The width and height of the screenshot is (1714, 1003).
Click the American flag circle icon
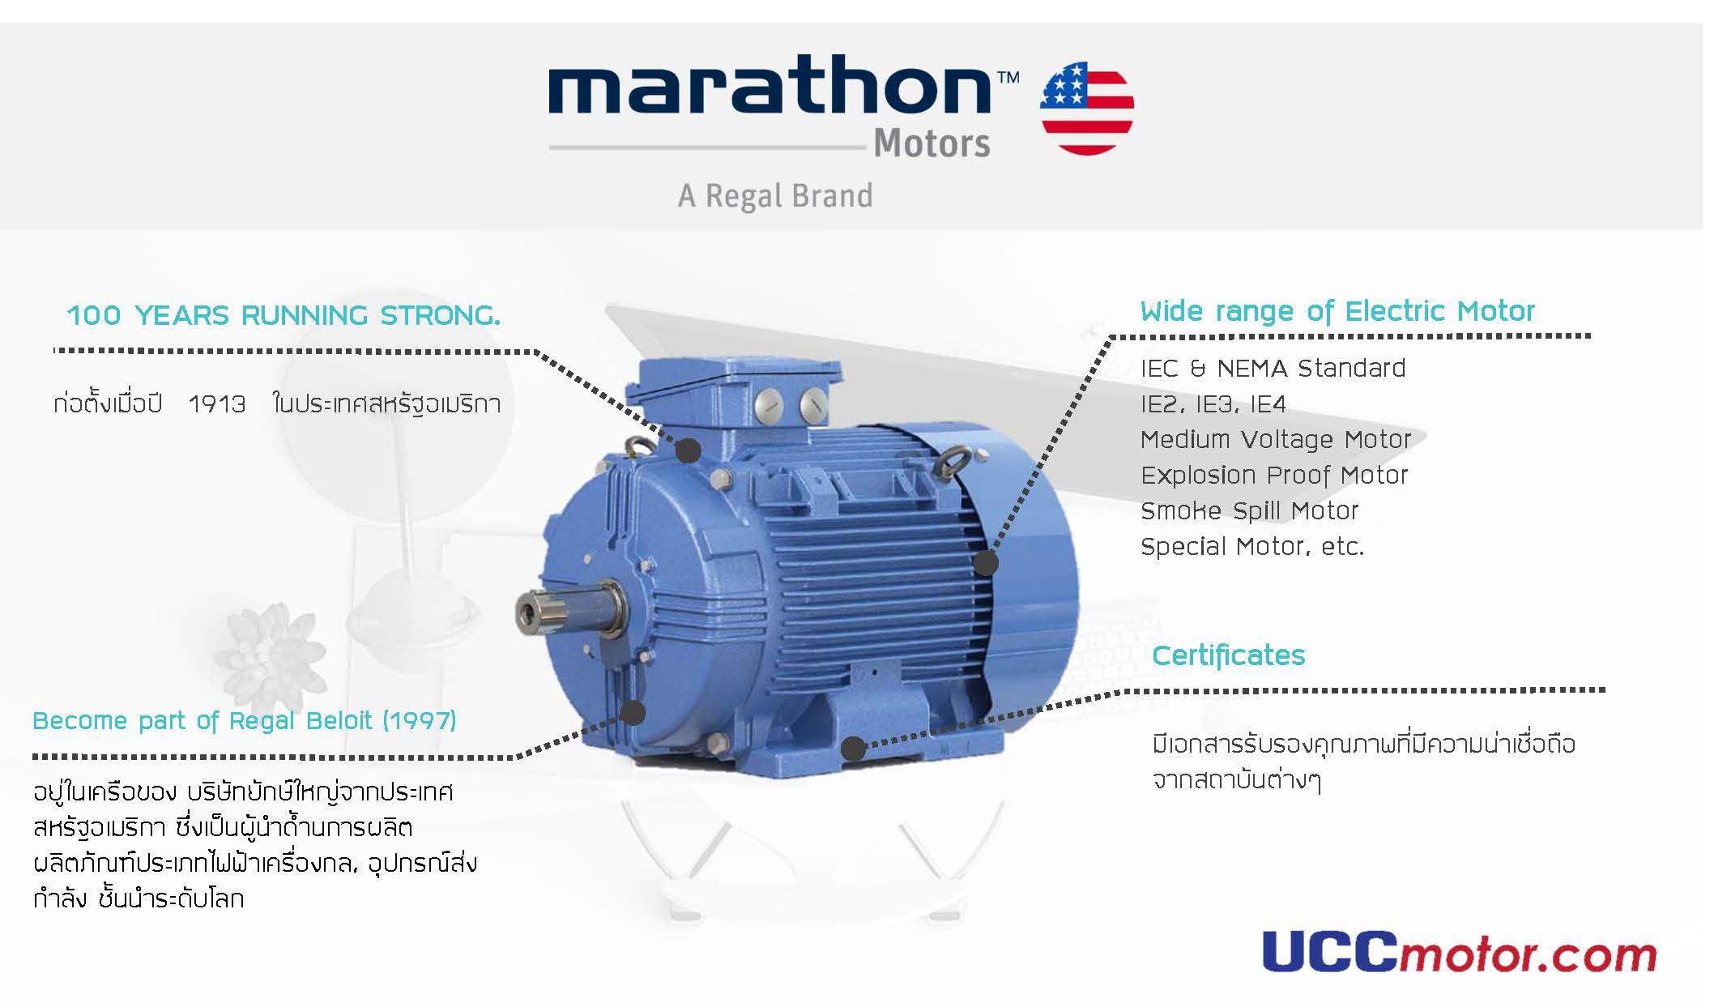tap(1087, 109)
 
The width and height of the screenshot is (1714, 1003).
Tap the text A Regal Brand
tap(775, 196)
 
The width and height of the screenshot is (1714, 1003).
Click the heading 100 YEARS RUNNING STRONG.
tap(284, 315)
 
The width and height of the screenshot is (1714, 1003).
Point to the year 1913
tap(217, 403)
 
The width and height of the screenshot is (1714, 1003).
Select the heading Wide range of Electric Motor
tap(1337, 312)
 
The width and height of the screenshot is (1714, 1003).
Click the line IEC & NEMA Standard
tap(1273, 369)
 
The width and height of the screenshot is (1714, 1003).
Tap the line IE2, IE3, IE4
tap(1213, 404)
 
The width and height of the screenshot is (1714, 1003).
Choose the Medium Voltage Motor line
tap(1276, 440)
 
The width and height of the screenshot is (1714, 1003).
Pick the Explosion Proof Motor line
tap(1274, 476)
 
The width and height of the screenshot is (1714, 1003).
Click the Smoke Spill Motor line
tap(1250, 511)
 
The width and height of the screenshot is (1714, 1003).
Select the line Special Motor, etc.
tap(1252, 547)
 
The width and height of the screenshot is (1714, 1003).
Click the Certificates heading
tap(1229, 655)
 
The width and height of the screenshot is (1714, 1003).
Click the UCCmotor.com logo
tap(1460, 953)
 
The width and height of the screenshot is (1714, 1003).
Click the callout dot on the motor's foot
tap(852, 749)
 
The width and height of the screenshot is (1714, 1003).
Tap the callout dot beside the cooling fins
tap(986, 563)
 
